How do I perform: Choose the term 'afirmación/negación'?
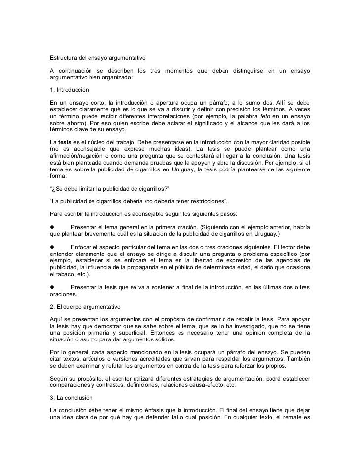pyautogui.click(x=78, y=157)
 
